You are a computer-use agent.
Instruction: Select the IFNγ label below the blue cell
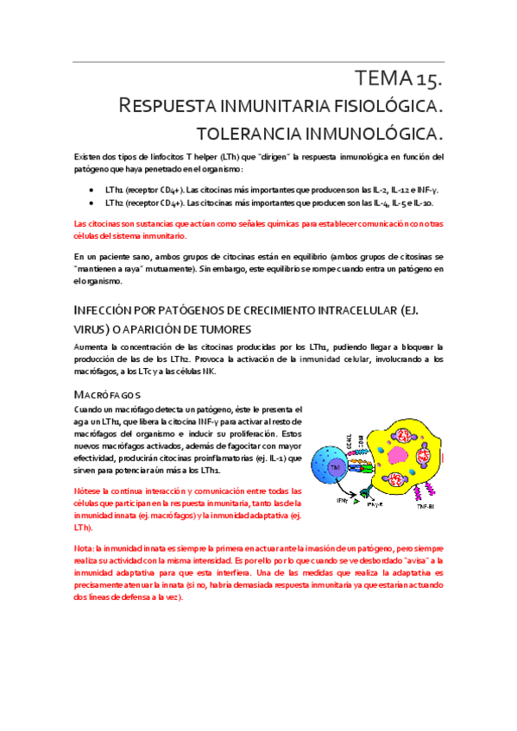[343, 500]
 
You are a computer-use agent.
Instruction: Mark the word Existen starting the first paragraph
[90, 157]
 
